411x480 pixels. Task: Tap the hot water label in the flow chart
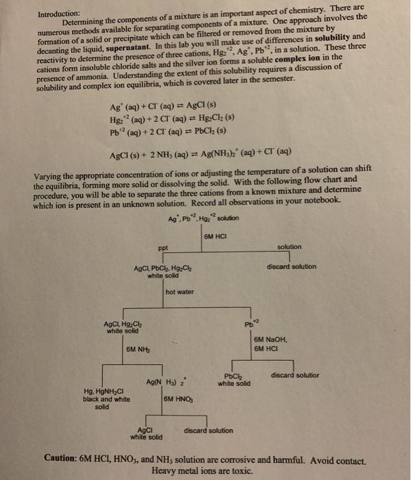click(x=180, y=292)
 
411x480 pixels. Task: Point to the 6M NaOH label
click(x=270, y=339)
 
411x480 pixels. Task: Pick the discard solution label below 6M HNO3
click(x=209, y=431)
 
